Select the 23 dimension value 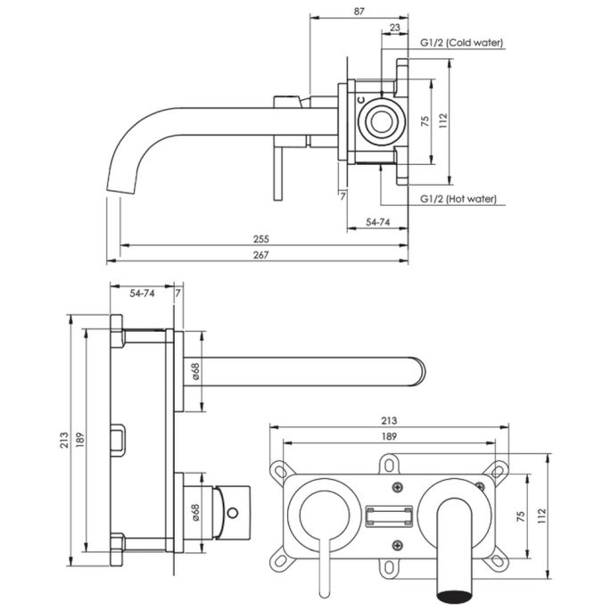click(x=395, y=28)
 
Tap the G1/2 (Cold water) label click(x=461, y=42)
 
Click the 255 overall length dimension click(x=261, y=239)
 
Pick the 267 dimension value click(x=261, y=255)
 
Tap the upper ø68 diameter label click(x=194, y=368)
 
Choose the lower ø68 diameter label click(x=194, y=513)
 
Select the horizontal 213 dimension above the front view click(x=389, y=420)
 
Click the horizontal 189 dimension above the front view click(x=389, y=436)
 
